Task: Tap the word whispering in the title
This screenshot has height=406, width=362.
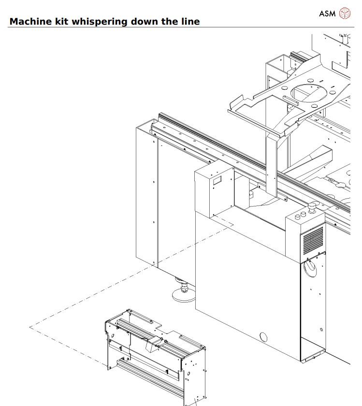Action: (x=100, y=22)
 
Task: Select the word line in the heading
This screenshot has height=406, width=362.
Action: (x=190, y=21)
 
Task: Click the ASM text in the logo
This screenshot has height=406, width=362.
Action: (x=327, y=14)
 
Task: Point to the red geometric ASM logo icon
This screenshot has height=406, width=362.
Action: (x=345, y=13)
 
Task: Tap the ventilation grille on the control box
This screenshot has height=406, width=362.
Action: (x=313, y=241)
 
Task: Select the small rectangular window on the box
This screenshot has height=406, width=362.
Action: (x=217, y=180)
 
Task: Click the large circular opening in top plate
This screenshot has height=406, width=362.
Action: (x=308, y=93)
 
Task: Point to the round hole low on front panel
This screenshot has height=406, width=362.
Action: (x=263, y=337)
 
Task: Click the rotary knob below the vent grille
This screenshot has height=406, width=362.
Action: (x=309, y=269)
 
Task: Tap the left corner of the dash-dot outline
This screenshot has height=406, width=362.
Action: (x=29, y=327)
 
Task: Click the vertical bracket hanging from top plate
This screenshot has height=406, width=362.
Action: (x=271, y=163)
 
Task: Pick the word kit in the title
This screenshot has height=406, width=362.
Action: (x=62, y=21)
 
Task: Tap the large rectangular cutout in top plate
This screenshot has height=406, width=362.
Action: (x=269, y=108)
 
